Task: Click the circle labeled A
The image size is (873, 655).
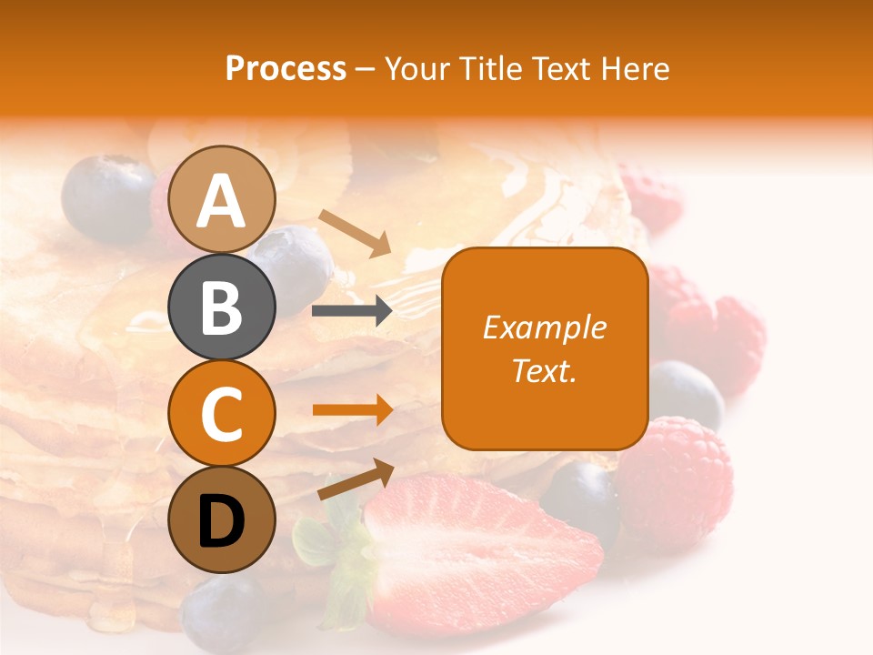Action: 222,199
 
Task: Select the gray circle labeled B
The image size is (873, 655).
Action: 222,307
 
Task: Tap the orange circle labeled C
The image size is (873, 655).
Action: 222,413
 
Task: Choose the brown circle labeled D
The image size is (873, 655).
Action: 222,519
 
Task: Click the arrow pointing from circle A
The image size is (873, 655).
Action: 355,233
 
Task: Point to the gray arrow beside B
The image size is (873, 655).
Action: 352,311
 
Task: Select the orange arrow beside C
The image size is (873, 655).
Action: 352,410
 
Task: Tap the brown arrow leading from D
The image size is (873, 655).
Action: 356,479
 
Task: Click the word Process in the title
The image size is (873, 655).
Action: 286,68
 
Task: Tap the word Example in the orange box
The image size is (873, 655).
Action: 545,327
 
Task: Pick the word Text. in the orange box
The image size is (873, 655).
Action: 545,370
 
